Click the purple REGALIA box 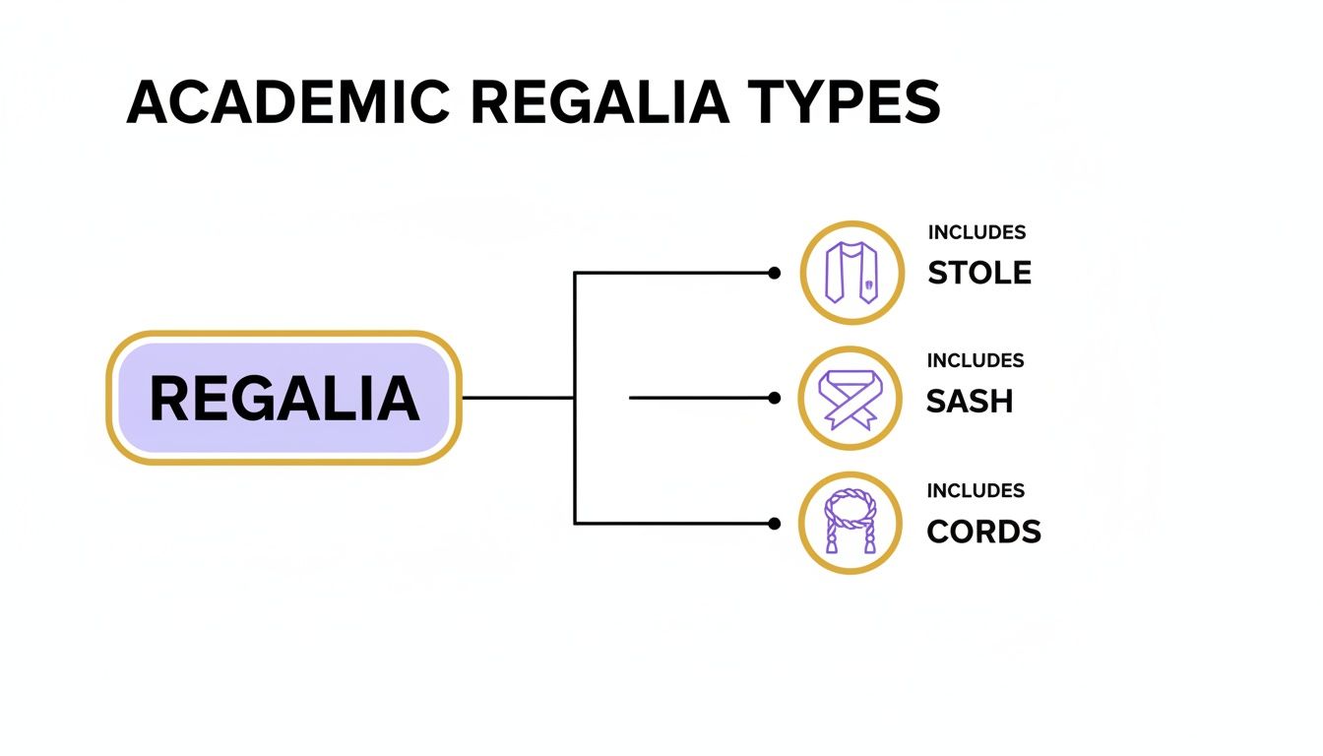(x=283, y=398)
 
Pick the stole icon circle (x=851, y=273)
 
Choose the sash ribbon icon (x=851, y=398)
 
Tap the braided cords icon (x=851, y=523)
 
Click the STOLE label (x=979, y=273)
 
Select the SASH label (x=970, y=401)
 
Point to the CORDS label (x=983, y=532)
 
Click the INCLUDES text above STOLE (x=976, y=233)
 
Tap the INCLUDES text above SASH (x=976, y=361)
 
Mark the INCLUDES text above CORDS (x=976, y=490)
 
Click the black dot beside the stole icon (x=775, y=273)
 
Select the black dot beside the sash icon (x=775, y=398)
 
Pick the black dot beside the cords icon (x=775, y=523)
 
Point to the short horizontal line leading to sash (x=699, y=398)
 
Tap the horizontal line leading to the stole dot (x=674, y=273)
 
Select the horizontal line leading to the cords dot (x=674, y=523)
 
